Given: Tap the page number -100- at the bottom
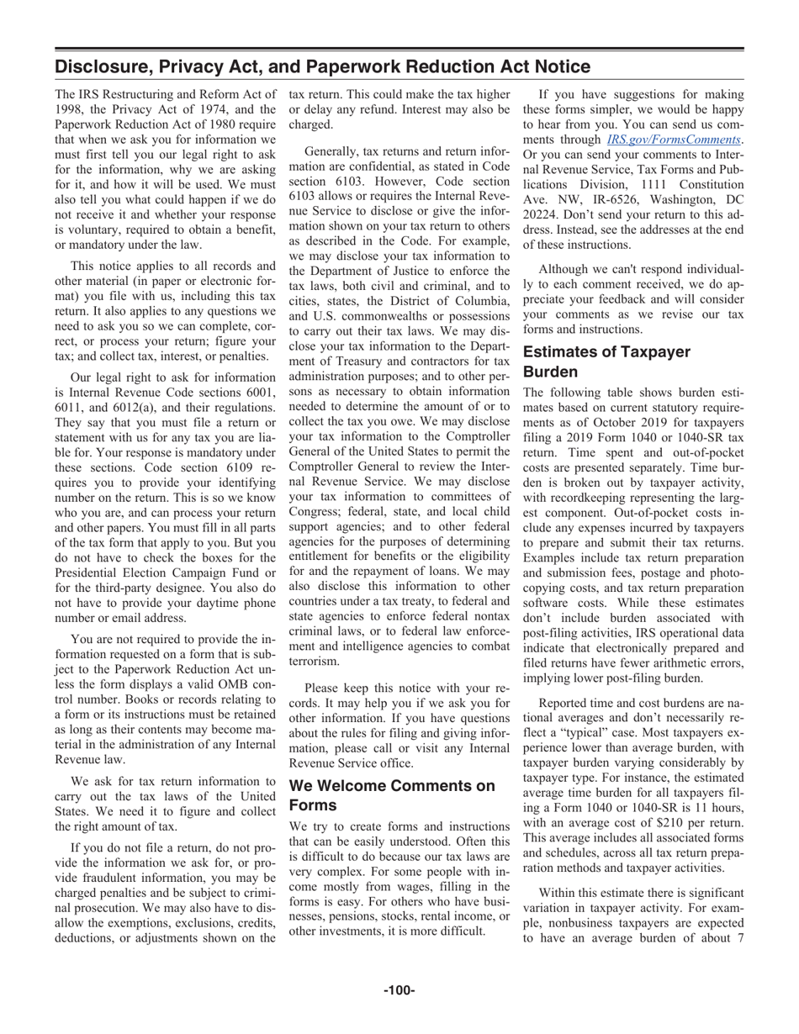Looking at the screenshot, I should [399, 990].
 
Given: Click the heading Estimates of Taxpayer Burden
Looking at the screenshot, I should [619, 361].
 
